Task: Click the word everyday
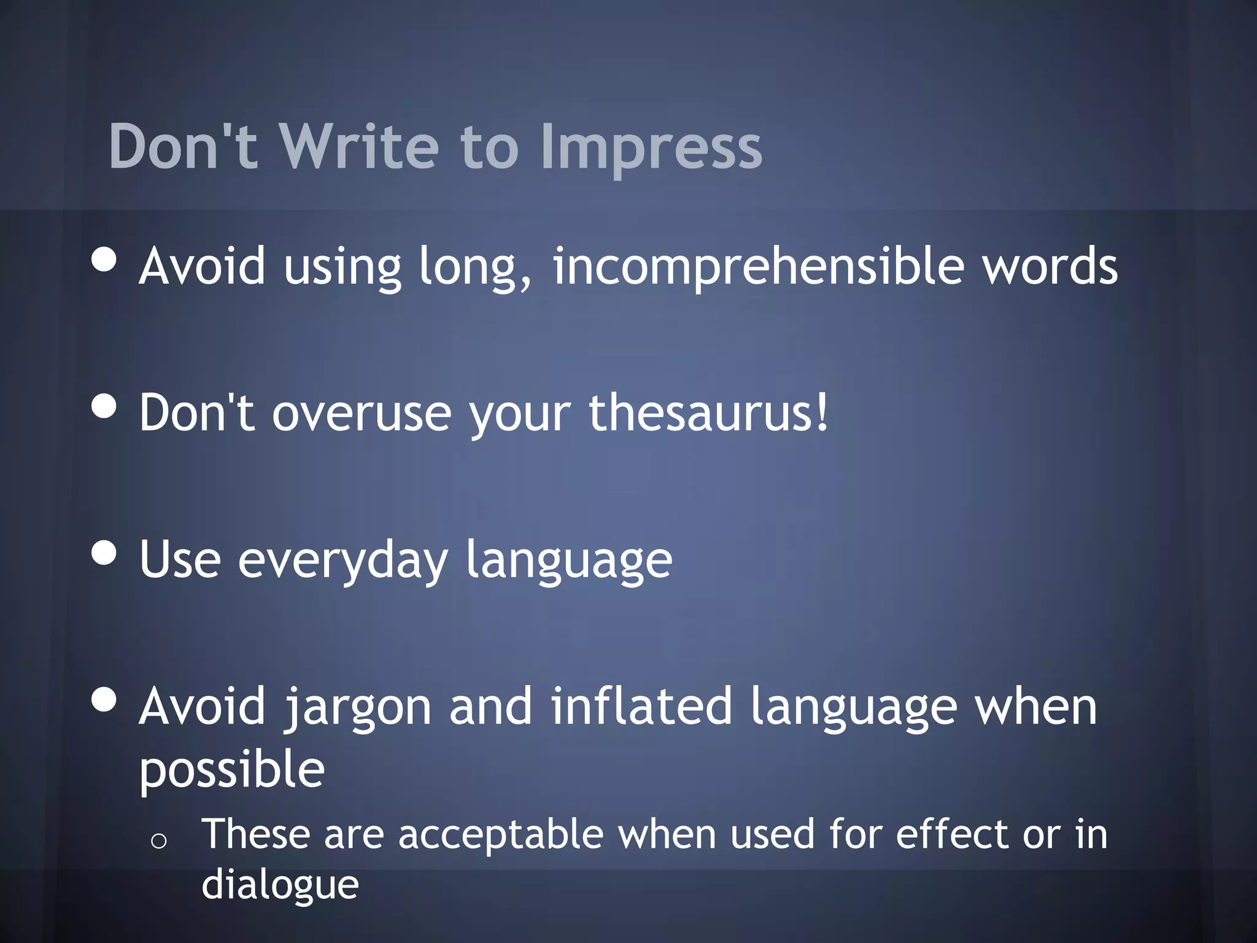point(342,560)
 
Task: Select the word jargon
point(358,707)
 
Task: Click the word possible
point(232,770)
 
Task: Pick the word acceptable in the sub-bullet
point(500,835)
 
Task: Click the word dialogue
point(280,885)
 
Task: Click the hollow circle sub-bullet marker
point(158,841)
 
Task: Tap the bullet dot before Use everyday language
point(104,552)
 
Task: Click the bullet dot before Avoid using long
point(104,259)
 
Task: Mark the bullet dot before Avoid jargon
point(104,699)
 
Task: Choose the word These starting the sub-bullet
point(256,834)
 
